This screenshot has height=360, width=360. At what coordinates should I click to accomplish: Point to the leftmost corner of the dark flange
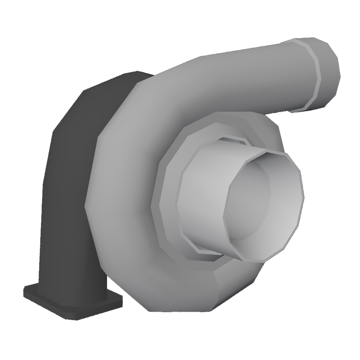24,290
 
